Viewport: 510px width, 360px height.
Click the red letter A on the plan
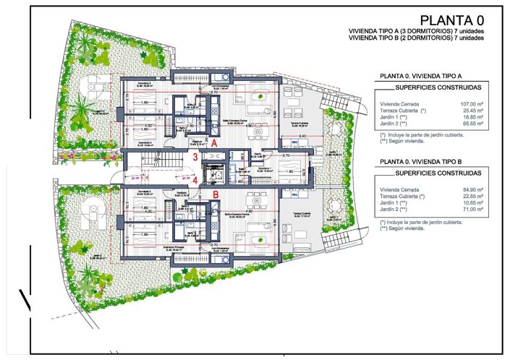point(214,144)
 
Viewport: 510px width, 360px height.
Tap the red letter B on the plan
point(216,194)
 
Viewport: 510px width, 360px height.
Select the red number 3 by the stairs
point(195,157)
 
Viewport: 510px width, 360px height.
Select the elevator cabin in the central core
point(214,174)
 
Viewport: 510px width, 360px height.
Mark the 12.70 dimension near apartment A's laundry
point(213,93)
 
